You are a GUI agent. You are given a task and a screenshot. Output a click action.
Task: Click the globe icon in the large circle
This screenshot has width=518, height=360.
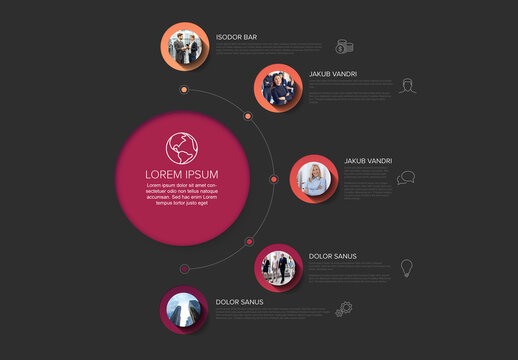coord(181,148)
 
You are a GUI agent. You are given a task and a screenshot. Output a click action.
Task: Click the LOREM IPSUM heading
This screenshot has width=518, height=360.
coord(181,173)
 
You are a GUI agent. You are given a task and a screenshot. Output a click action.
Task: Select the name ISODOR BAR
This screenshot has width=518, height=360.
coord(236,38)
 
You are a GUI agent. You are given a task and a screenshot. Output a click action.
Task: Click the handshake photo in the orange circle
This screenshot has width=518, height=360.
coord(183,48)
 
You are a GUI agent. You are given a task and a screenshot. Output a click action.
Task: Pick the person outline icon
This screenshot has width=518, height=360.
coord(407,86)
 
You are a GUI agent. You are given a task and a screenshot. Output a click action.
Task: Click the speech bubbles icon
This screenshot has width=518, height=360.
coord(405,178)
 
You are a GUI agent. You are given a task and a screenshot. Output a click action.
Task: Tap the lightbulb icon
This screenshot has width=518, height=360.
coord(406,268)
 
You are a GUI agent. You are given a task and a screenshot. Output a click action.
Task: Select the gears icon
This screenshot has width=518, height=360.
coord(344,309)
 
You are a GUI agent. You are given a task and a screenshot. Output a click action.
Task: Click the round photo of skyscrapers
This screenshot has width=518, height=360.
coord(182,311)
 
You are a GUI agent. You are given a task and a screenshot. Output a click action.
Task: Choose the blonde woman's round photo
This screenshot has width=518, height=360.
coord(314,178)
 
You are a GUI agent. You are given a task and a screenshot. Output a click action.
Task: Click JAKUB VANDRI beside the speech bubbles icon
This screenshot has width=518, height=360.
coord(367,161)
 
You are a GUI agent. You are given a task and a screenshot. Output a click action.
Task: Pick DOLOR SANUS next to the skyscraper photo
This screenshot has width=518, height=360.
coord(240,301)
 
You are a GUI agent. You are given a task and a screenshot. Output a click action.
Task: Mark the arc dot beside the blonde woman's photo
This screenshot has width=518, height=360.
coord(274,179)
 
